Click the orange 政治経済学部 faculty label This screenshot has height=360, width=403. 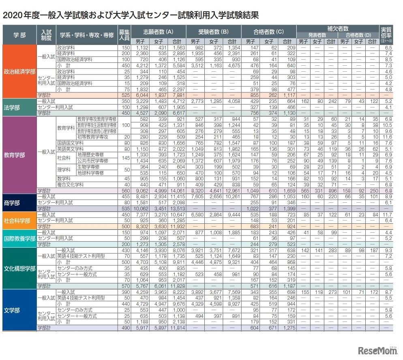19,71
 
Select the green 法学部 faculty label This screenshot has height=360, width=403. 19,107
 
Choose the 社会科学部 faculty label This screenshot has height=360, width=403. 19,221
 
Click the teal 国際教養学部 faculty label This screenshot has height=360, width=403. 19,238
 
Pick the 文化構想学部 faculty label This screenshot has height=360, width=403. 19,268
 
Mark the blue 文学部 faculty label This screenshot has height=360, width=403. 19,310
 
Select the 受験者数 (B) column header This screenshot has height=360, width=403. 213,31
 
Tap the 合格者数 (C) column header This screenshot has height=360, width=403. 269,31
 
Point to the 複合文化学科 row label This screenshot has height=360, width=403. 70,184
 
